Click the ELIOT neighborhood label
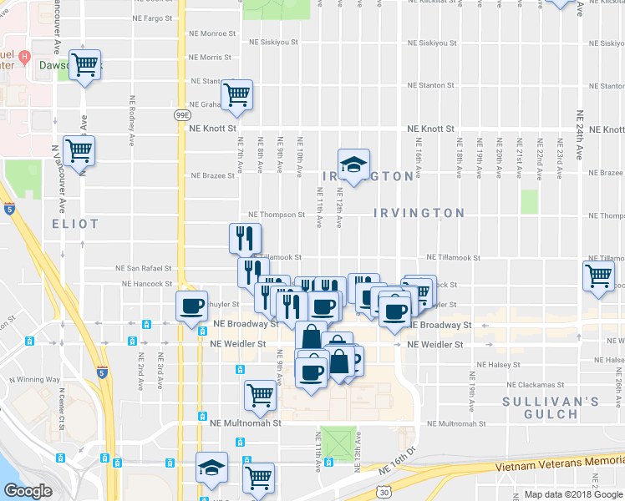coord(75,224)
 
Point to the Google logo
coord(28,491)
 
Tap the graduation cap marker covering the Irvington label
coord(353,164)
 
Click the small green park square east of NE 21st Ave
coord(529,201)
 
